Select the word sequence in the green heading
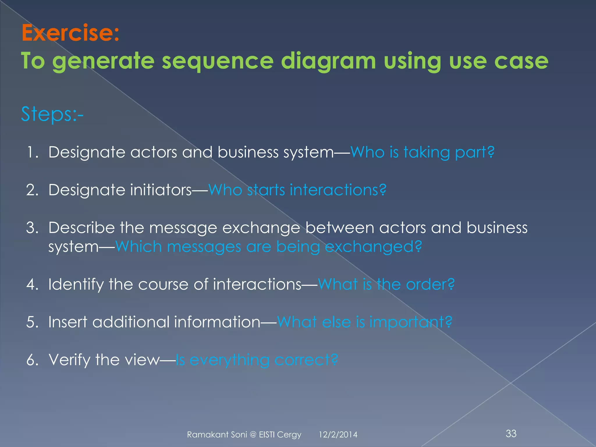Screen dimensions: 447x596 click(217, 61)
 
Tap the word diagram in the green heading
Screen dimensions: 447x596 click(328, 61)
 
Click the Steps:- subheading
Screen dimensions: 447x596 click(52, 114)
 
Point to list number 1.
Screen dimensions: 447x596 click(33, 152)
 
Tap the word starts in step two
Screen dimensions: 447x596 click(266, 190)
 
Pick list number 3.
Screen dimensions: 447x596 click(33, 228)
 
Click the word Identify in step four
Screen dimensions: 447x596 click(76, 284)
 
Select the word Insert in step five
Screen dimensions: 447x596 click(68, 322)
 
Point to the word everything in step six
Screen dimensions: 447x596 click(229, 360)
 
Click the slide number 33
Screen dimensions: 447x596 click(511, 433)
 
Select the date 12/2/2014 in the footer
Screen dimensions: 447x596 click(338, 434)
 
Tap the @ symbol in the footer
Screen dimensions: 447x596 click(253, 434)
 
